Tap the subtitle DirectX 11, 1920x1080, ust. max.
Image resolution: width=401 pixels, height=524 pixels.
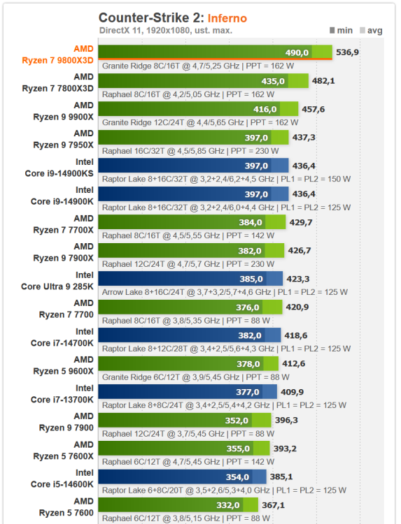165,30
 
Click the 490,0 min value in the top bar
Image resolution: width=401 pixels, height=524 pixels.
296,52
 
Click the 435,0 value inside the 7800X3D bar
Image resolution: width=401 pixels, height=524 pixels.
273,81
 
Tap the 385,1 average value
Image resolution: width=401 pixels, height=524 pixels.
282,476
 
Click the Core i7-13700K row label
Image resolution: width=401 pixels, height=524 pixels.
62,399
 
